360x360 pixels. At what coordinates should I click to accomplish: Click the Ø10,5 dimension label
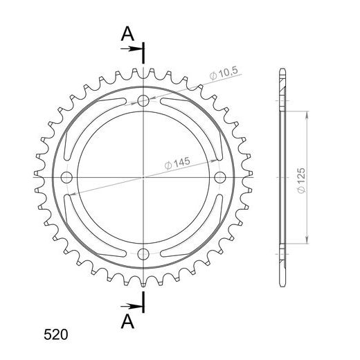[224, 73]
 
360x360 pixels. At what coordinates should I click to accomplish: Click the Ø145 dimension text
[177, 163]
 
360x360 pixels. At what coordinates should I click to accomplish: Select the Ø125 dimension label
[301, 181]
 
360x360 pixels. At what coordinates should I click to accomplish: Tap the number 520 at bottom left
[56, 334]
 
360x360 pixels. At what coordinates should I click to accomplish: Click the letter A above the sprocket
[127, 34]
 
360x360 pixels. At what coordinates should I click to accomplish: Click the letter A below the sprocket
[127, 322]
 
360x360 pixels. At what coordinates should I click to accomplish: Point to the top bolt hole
[143, 100]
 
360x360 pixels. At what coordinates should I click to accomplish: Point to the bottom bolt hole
[143, 254]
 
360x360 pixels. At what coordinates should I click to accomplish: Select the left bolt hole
[66, 177]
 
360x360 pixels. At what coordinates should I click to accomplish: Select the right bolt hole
[220, 177]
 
